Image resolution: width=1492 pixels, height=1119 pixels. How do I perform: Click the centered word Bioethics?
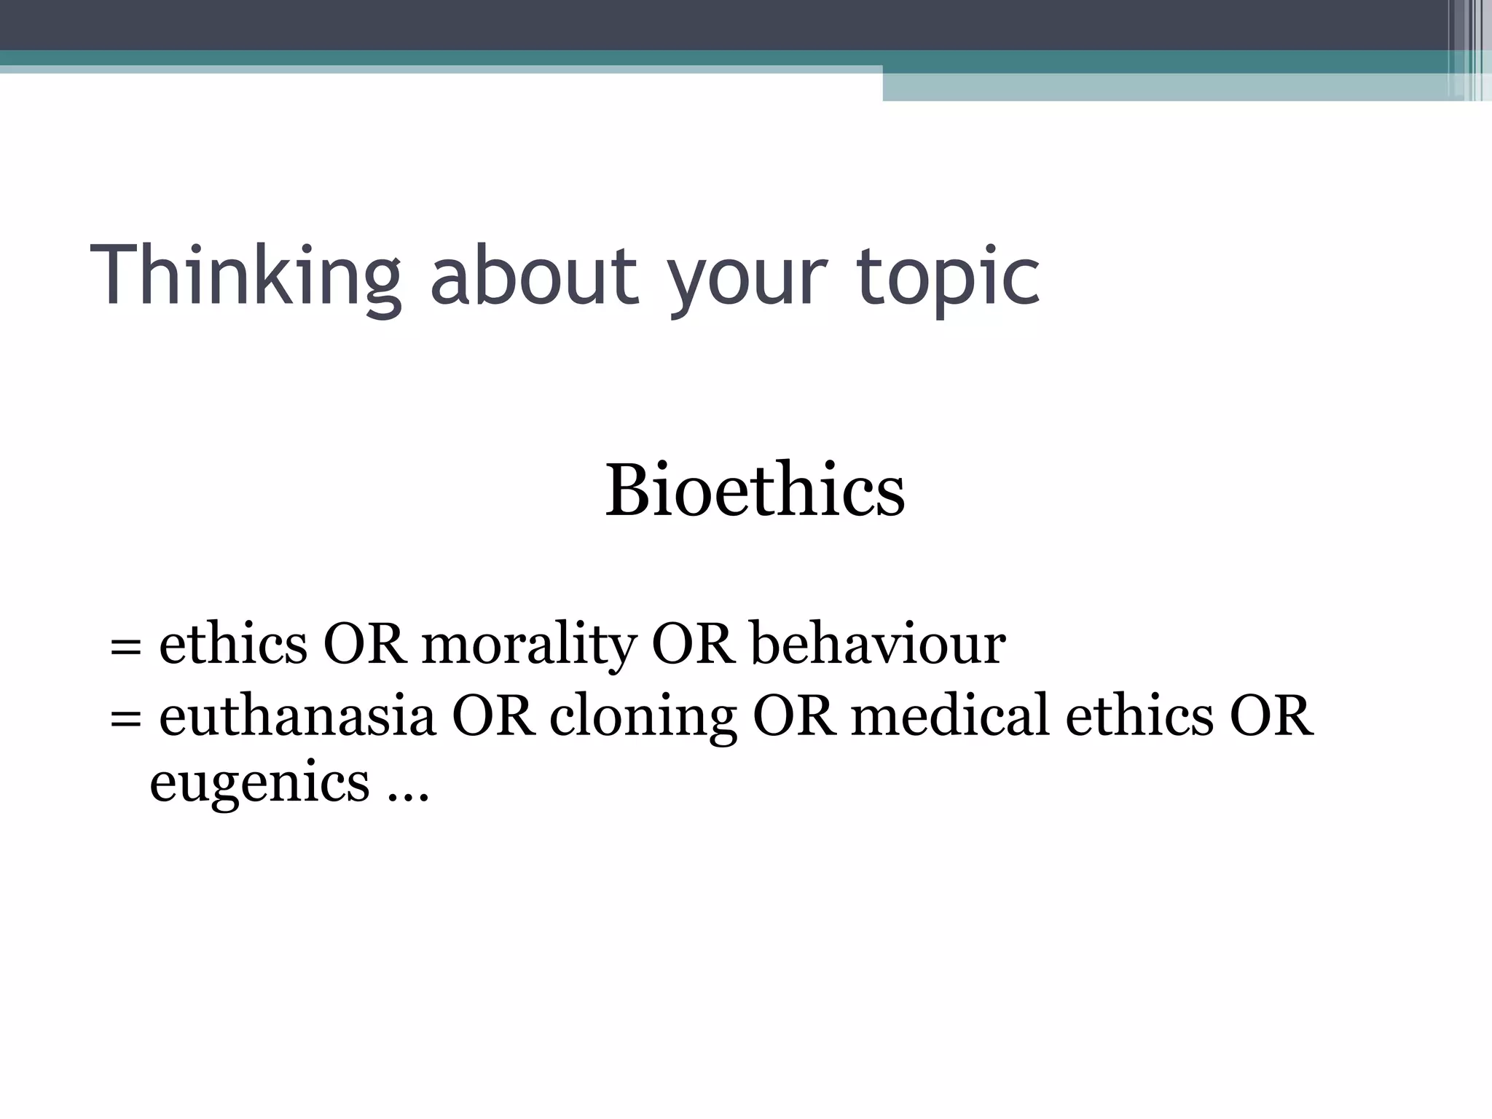pyautogui.click(x=755, y=490)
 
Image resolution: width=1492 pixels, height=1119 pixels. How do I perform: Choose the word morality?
pyautogui.click(x=529, y=645)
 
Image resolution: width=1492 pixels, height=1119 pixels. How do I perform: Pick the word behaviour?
pyautogui.click(x=878, y=644)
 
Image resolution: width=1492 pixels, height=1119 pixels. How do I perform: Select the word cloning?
pyautogui.click(x=643, y=718)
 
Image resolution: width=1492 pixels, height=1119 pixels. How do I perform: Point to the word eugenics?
pyautogui.click(x=259, y=784)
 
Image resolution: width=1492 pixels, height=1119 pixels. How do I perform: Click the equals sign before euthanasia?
pyautogui.click(x=125, y=718)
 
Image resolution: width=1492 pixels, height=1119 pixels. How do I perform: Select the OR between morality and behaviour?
pyautogui.click(x=693, y=644)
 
